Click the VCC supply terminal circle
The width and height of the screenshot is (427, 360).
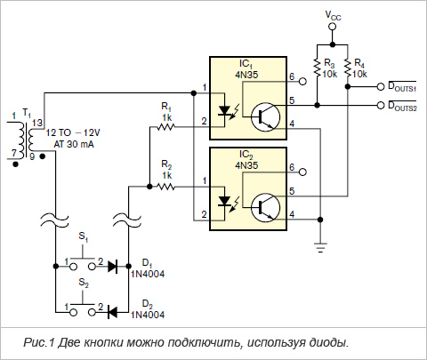tap(333, 27)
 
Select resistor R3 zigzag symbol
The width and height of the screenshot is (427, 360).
tap(318, 68)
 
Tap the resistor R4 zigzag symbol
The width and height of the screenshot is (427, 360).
tap(348, 68)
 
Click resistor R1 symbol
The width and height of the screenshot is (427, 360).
tap(166, 127)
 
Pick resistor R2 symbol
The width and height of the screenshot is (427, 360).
tap(166, 187)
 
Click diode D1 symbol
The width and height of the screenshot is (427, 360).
tap(113, 267)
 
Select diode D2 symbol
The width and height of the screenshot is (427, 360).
tap(112, 312)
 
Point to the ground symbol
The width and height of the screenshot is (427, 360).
tap(320, 248)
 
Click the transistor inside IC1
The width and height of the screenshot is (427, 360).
tap(265, 117)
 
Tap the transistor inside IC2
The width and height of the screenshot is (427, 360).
tap(265, 207)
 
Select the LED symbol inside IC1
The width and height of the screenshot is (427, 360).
tap(225, 111)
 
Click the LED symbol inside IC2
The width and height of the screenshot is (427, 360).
tap(225, 202)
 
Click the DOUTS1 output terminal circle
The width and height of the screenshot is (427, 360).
tap(381, 86)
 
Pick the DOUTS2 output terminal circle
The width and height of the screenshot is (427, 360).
tap(381, 105)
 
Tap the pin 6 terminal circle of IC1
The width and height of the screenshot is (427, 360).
tap(302, 81)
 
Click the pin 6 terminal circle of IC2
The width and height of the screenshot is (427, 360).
tap(302, 172)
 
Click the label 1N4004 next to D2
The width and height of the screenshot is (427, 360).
tap(148, 315)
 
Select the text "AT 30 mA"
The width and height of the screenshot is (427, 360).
tap(74, 144)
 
